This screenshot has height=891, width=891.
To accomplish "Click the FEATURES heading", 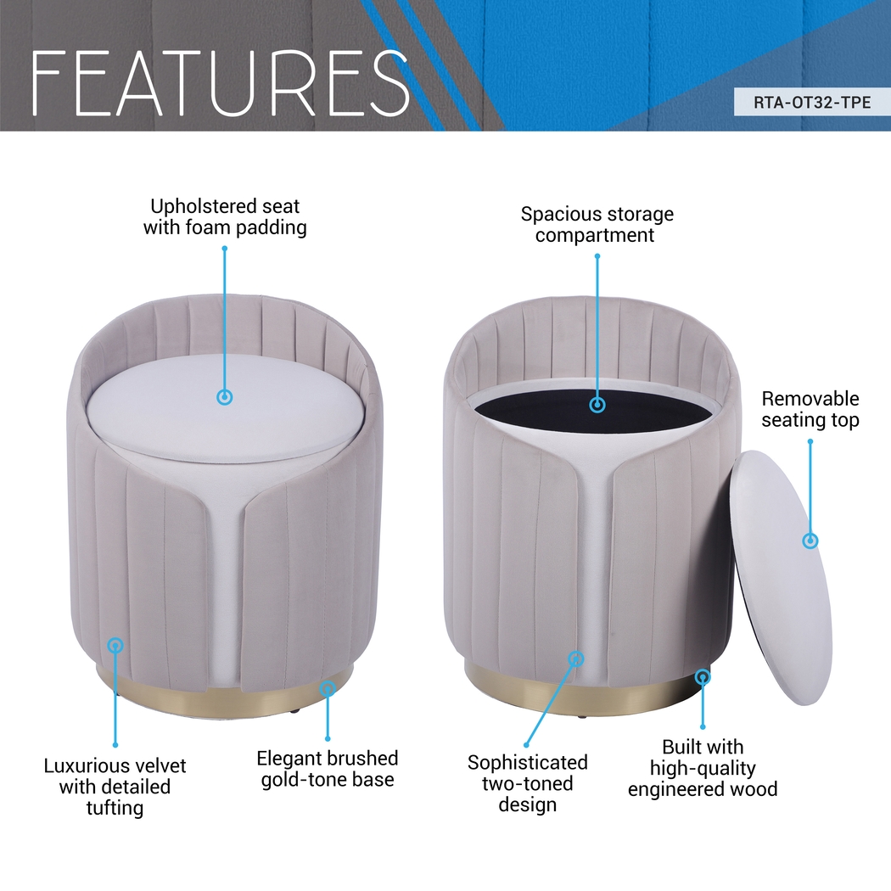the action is click(221, 83).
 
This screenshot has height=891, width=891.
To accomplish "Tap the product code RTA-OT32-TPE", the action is click(812, 103).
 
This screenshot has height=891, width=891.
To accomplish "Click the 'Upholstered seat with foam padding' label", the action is click(225, 216).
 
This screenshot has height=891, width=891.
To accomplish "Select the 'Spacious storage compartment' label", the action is click(597, 225).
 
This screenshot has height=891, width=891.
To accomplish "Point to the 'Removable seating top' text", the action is click(810, 409).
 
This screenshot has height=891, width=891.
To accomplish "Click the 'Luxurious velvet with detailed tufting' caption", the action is click(115, 787).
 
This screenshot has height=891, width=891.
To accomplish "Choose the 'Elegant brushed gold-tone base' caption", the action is click(328, 769).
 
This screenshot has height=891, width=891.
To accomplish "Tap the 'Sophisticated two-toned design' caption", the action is click(527, 783).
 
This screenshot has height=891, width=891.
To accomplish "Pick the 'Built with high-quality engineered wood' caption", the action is click(703, 768).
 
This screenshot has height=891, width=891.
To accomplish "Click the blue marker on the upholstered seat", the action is click(225, 397).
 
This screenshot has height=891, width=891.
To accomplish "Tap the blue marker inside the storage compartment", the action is click(597, 405).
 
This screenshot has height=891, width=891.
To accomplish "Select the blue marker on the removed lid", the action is click(810, 541).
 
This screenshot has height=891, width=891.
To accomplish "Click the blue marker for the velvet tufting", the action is click(115, 646).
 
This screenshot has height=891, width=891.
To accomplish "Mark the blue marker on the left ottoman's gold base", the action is click(327, 689).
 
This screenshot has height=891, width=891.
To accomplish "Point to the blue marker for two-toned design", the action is click(576, 658).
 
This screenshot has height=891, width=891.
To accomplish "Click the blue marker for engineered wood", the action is click(703, 677).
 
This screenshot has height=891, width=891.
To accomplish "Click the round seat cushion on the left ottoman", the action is click(225, 408).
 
